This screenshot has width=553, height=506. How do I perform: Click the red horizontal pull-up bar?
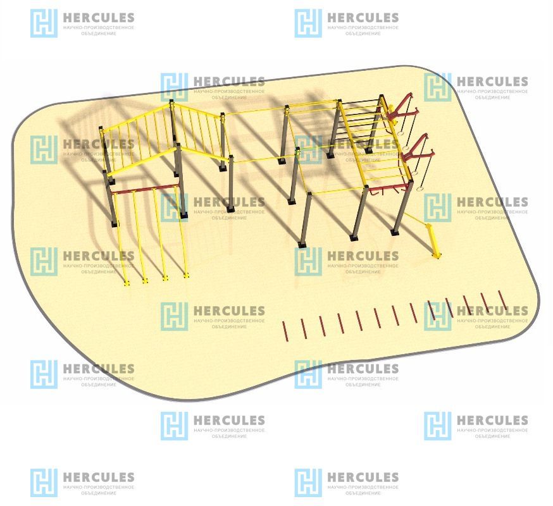(146, 188)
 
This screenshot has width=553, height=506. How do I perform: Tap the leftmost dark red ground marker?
(284, 331)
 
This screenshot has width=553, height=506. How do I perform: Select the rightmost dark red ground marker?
(503, 300)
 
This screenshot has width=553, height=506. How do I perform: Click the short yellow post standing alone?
(435, 241)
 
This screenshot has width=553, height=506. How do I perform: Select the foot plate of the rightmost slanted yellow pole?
(187, 275)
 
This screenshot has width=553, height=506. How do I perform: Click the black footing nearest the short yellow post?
(395, 231)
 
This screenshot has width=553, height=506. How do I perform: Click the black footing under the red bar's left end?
(115, 223)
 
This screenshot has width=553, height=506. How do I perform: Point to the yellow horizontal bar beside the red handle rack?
(335, 190)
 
